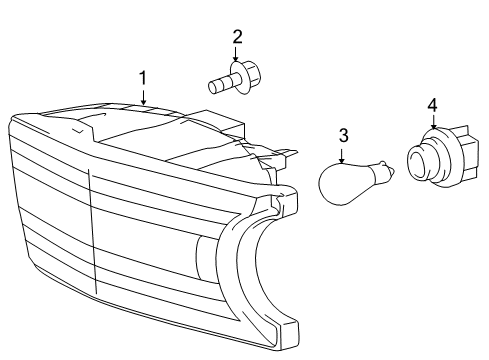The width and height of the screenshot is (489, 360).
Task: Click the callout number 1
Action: point(144,76)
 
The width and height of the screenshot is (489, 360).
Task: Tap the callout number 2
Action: point(237,37)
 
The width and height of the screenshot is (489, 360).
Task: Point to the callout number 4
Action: point(432,105)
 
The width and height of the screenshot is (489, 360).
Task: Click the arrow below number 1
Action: point(144,96)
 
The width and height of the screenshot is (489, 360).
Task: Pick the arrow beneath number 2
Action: point(237,56)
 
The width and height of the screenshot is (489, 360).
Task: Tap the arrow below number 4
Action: point(432,124)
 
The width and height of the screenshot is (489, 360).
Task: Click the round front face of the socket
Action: point(419,162)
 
